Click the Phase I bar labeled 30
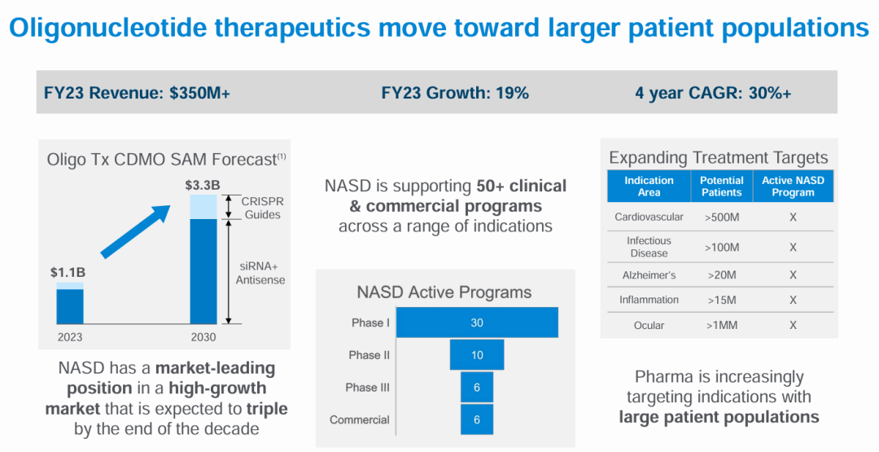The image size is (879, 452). [x=477, y=323]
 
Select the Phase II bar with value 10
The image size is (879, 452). [x=477, y=355]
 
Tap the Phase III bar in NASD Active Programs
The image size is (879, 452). [x=477, y=388]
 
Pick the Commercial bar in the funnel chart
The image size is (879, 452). [x=477, y=419]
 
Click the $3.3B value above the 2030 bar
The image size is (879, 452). [x=203, y=185]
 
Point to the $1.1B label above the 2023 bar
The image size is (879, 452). [x=69, y=271]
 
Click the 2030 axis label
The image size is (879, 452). [x=203, y=336]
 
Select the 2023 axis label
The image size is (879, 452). [x=70, y=336]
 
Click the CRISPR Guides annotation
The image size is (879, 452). [x=262, y=208]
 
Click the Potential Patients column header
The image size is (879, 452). [x=722, y=187]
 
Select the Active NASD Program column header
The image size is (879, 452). [x=793, y=187]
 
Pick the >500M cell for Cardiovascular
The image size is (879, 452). [x=722, y=217]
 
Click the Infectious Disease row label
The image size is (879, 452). [x=649, y=247]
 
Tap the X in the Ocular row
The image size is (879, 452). [x=793, y=325]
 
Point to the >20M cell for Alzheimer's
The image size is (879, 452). [x=722, y=275]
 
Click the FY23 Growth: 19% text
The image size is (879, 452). [x=455, y=93]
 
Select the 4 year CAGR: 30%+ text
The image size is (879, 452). [x=713, y=93]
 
